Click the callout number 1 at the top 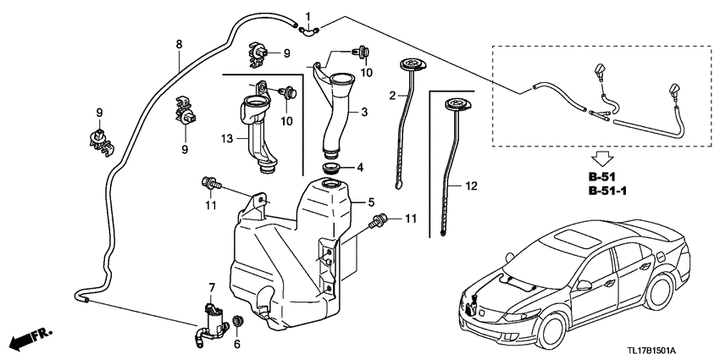pyautogui.click(x=307, y=15)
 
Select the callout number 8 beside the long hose pyautogui.click(x=179, y=43)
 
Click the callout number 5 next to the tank pyautogui.click(x=370, y=202)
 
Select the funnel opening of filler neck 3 pyautogui.click(x=344, y=81)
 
